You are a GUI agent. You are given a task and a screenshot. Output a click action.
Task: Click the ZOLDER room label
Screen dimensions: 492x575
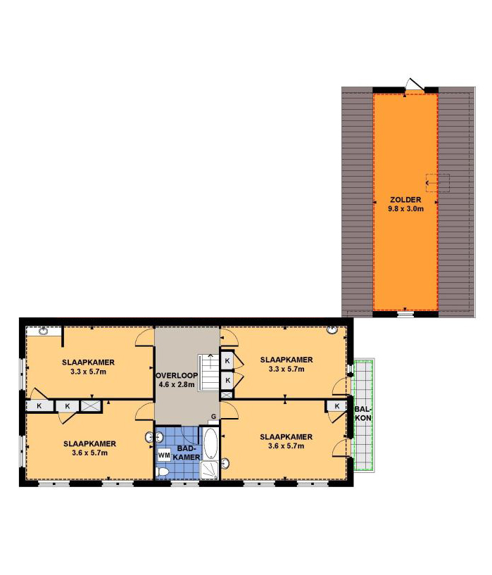pos(405,200)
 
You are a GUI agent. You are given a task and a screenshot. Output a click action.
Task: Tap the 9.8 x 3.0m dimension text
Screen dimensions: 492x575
pos(406,209)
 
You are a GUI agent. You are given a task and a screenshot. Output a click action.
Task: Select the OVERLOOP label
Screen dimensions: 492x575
pos(177,376)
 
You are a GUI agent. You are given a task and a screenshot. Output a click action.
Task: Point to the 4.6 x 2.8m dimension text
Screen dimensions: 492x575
pos(177,385)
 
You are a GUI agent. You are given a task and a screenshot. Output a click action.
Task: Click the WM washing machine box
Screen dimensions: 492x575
pos(164,455)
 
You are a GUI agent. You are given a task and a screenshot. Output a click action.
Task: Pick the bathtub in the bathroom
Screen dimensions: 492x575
pos(210,443)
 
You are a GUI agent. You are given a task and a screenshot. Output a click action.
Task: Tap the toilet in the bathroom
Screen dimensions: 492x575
pos(162,472)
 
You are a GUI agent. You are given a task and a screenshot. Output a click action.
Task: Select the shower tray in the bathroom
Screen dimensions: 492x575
pos(209,470)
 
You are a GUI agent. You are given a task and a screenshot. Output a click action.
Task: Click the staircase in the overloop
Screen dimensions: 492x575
pos(208,372)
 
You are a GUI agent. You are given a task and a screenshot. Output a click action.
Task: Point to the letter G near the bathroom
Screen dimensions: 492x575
pos(213,417)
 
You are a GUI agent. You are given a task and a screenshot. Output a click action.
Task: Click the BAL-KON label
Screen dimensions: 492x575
pos(363,414)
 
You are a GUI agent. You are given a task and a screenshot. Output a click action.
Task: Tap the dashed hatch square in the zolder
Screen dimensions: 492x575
pos(437,182)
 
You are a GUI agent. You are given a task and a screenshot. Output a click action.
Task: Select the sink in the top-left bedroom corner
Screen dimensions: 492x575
pos(44,331)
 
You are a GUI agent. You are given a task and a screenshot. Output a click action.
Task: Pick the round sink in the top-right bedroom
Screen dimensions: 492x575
pos(332,330)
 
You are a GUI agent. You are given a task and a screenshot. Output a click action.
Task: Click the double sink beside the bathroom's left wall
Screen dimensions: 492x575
pos(154,437)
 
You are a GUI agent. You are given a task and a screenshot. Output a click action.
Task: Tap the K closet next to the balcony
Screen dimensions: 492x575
pos(337,406)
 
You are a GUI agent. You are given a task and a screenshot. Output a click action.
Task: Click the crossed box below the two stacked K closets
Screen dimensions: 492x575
pos(227,395)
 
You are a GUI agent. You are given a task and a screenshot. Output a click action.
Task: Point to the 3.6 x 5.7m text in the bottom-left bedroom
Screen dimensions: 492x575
pos(90,453)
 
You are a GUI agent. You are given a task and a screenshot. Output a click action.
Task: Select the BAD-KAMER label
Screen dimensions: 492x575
pos(187,453)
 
